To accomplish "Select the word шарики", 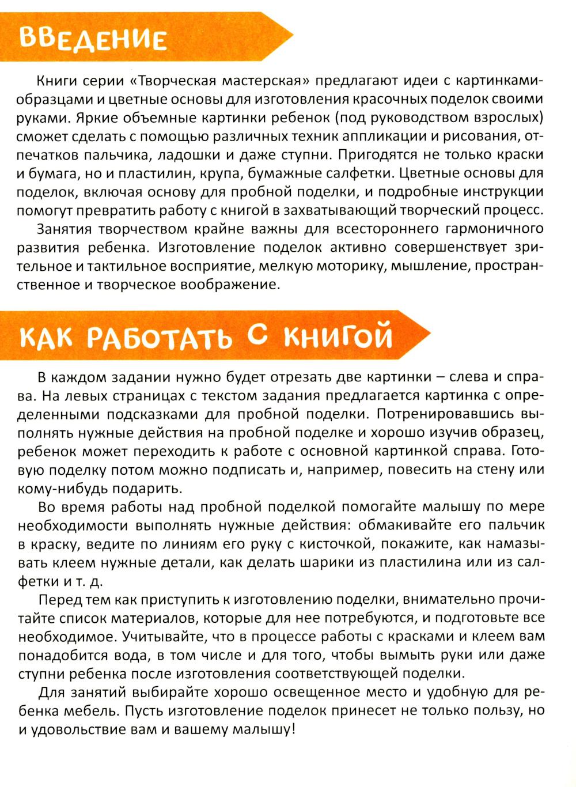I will coord(308,563).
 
